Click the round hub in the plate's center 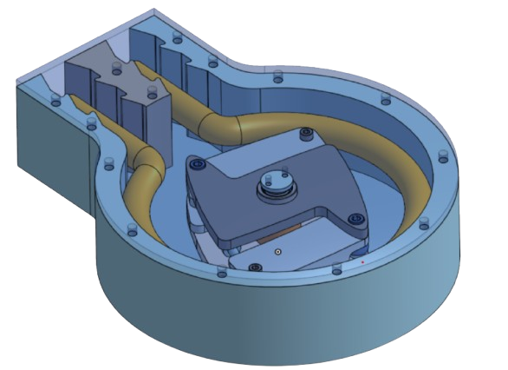click(x=275, y=183)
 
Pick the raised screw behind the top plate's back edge click(x=305, y=133)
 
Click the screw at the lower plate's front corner click(x=255, y=267)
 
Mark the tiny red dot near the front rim click(x=362, y=261)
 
